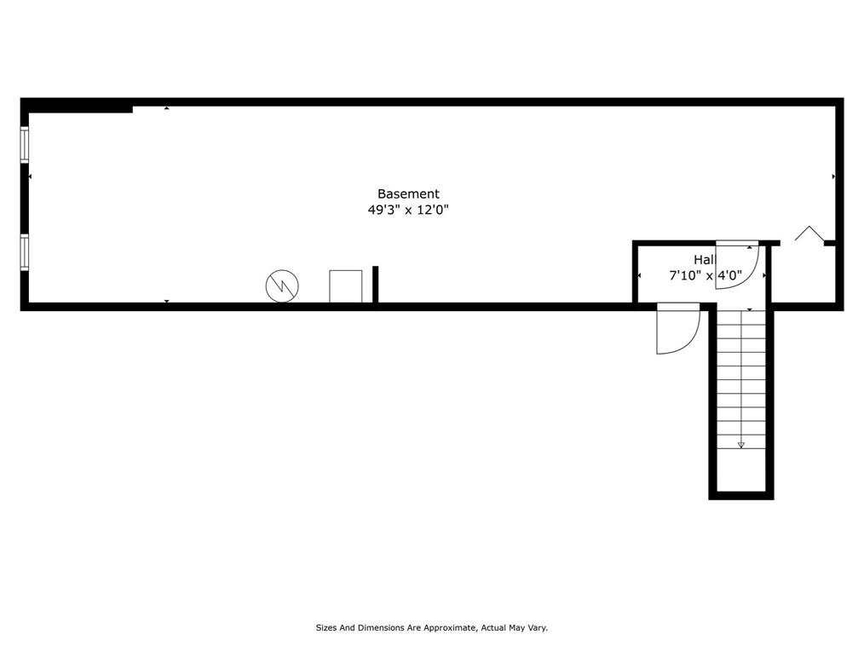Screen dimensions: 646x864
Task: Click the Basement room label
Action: (x=408, y=193)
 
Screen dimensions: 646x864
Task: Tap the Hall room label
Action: (x=704, y=259)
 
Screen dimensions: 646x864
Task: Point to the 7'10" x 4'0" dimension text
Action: (x=705, y=275)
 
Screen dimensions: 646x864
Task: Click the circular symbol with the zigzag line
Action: (x=282, y=286)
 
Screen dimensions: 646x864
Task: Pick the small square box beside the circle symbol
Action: (x=345, y=286)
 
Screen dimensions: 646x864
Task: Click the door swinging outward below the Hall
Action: (x=677, y=328)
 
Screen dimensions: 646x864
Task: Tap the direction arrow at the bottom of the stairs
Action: (x=740, y=444)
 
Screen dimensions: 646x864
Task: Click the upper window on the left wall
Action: (x=25, y=144)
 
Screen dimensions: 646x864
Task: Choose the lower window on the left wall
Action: (x=25, y=252)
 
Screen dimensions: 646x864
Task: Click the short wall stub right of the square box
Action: (x=375, y=285)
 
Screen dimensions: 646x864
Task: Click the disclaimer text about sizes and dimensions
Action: (x=431, y=628)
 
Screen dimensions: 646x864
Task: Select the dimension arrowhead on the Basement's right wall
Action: (x=832, y=176)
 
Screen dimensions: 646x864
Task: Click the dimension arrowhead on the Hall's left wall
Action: (x=639, y=275)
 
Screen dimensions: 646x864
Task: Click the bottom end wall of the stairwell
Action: (x=740, y=495)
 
